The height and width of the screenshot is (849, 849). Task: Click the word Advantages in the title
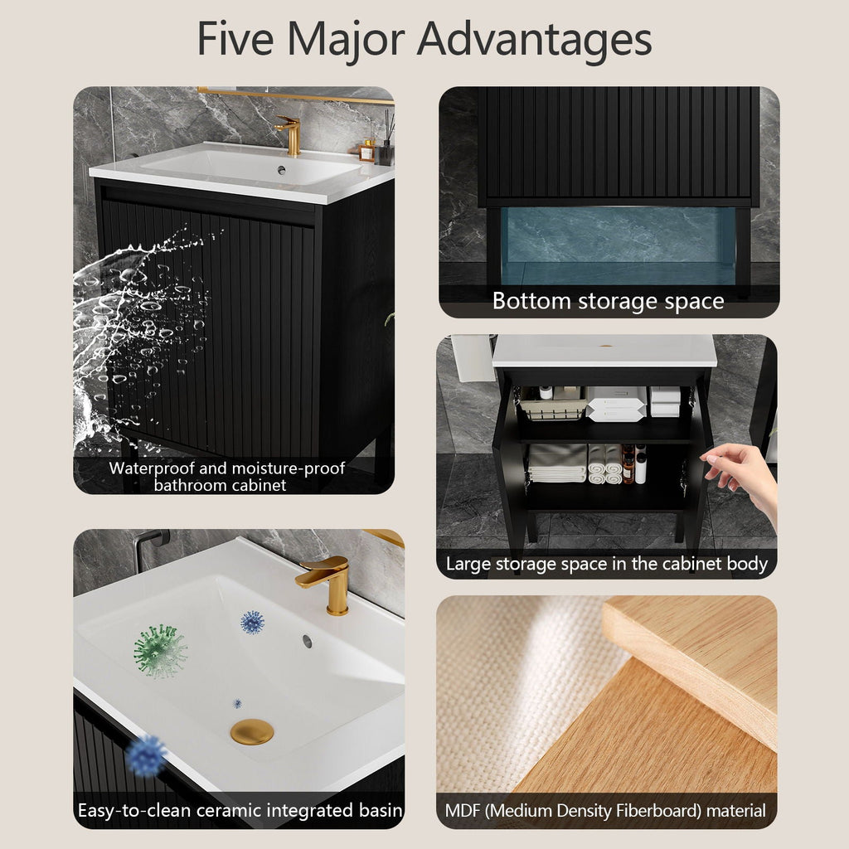[x=534, y=40]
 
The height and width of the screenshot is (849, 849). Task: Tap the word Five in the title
[x=235, y=38]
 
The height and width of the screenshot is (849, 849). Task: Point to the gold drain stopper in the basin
[x=252, y=731]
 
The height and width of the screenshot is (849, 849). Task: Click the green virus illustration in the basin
[x=160, y=651]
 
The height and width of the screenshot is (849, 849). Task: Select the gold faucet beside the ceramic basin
[x=326, y=584]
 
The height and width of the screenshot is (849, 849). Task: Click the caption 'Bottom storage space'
[x=608, y=301]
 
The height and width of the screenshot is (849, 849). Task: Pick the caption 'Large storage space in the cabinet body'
[x=607, y=564]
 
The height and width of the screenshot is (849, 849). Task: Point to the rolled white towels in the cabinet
[x=604, y=463]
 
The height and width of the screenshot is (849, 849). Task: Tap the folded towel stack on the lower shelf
[x=558, y=463]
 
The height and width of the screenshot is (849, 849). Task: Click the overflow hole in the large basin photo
[x=307, y=641]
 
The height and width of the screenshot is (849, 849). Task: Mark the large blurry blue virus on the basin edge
[x=145, y=755]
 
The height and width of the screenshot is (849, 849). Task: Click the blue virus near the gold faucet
[x=252, y=622]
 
